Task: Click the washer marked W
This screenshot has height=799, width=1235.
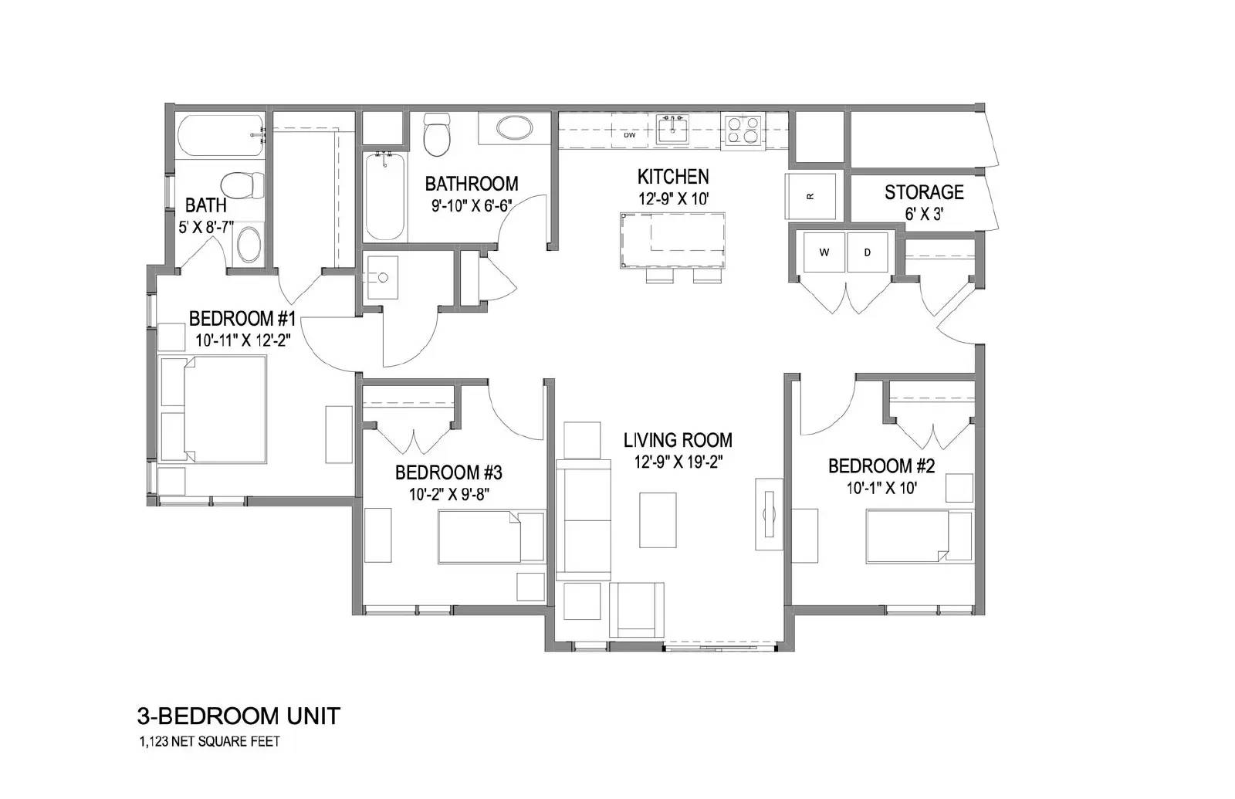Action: tap(824, 252)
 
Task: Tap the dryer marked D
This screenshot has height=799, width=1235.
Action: tap(868, 252)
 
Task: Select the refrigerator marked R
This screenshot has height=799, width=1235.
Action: tap(810, 196)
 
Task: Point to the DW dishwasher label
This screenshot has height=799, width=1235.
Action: tap(629, 135)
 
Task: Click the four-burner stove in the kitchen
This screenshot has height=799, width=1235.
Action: tap(741, 130)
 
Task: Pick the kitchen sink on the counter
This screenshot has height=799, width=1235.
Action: tap(672, 130)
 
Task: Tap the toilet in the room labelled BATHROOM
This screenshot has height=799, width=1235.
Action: tap(437, 134)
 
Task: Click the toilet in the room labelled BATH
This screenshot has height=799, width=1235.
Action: tap(242, 185)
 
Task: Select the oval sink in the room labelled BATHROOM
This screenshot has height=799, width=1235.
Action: tap(514, 128)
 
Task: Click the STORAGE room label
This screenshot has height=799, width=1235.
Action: tap(924, 192)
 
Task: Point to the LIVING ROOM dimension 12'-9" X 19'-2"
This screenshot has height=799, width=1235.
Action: tap(678, 462)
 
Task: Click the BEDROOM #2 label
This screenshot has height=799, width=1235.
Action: tap(881, 466)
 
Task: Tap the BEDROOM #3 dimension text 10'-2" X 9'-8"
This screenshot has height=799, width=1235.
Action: tap(449, 494)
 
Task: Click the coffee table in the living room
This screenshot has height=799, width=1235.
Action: tap(658, 520)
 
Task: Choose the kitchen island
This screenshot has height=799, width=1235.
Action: tap(672, 240)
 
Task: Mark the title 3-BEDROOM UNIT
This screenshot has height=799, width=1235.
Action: tap(239, 716)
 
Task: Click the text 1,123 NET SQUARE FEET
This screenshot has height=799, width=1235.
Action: tap(209, 742)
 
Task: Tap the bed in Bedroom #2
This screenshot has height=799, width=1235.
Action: tap(919, 537)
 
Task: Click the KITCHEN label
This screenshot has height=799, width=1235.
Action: tap(673, 177)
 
